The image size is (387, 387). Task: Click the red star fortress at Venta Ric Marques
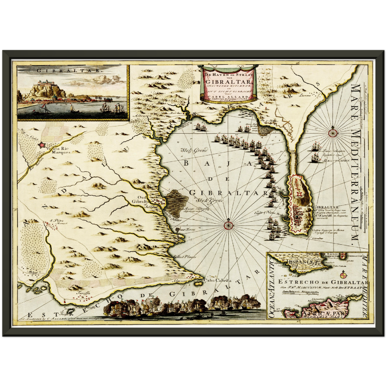click(x=42, y=145)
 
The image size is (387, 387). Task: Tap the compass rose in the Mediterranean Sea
click(x=333, y=132)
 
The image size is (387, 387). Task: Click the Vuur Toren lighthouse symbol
click(x=178, y=230)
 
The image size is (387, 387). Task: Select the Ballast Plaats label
click(x=185, y=257)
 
